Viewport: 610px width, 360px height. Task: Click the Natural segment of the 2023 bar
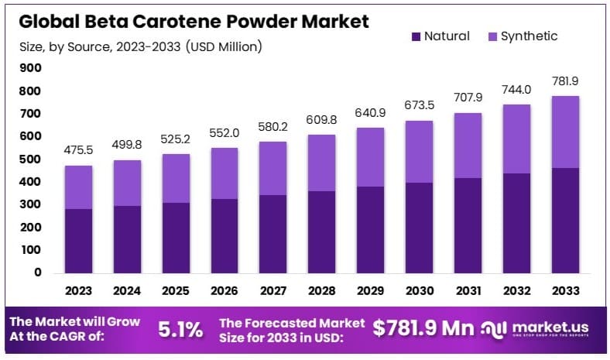(x=78, y=241)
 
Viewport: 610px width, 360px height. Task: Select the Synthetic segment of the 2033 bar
(x=564, y=132)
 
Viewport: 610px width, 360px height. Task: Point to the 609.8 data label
(x=321, y=121)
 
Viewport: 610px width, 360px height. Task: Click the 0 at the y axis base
(x=36, y=273)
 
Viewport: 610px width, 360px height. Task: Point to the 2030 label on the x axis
(x=419, y=293)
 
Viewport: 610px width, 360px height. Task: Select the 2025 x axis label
(x=176, y=293)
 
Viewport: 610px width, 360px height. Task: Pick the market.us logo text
(x=555, y=325)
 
